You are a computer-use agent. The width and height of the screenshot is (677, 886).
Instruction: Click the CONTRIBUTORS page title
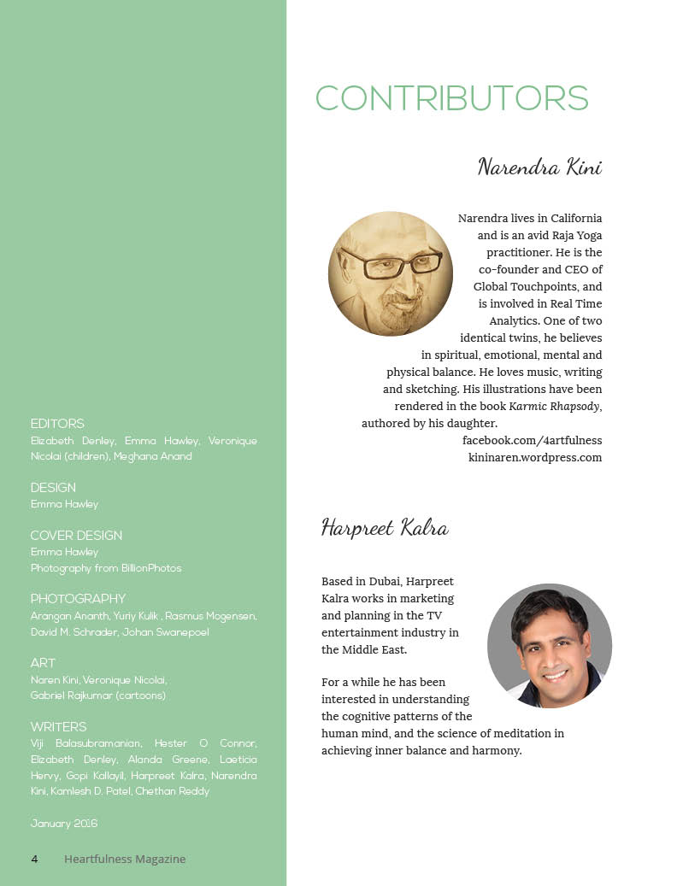[x=451, y=98]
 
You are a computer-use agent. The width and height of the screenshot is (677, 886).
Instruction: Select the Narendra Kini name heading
[x=539, y=166]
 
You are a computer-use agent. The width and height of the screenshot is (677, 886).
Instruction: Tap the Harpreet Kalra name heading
[x=385, y=527]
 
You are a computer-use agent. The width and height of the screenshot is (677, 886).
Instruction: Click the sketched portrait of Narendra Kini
[x=391, y=273]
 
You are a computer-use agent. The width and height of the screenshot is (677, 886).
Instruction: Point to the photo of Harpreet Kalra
[x=550, y=645]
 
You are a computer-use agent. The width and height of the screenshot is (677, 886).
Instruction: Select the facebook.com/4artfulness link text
[x=532, y=440]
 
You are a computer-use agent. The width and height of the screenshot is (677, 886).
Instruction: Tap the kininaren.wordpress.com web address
[x=535, y=457]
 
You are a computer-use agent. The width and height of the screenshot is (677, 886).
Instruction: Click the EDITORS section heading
[x=57, y=424]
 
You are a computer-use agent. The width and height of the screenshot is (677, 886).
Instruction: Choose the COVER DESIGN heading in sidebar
[x=76, y=536]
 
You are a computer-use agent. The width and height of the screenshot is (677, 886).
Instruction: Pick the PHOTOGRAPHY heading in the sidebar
[x=78, y=599]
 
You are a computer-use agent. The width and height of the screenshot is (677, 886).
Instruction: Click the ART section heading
[x=43, y=663]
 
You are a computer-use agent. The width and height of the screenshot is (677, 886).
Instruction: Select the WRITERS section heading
[x=58, y=727]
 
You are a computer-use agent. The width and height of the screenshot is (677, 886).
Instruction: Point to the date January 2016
[x=64, y=824]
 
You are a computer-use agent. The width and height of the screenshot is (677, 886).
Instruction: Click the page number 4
[x=34, y=859]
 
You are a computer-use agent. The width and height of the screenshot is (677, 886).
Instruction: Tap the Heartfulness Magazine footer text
[x=125, y=859]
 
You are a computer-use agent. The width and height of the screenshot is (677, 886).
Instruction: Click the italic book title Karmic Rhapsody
[x=554, y=406]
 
